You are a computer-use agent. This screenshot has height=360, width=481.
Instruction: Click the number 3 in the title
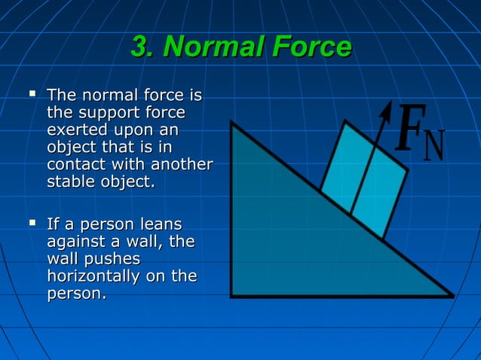click(x=139, y=47)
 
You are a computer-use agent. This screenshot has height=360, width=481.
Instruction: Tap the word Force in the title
click(x=310, y=47)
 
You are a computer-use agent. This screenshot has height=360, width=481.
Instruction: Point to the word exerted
click(x=75, y=130)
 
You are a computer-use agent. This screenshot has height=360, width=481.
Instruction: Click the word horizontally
click(x=93, y=276)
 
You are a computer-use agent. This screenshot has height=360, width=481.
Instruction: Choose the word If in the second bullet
click(x=53, y=224)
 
